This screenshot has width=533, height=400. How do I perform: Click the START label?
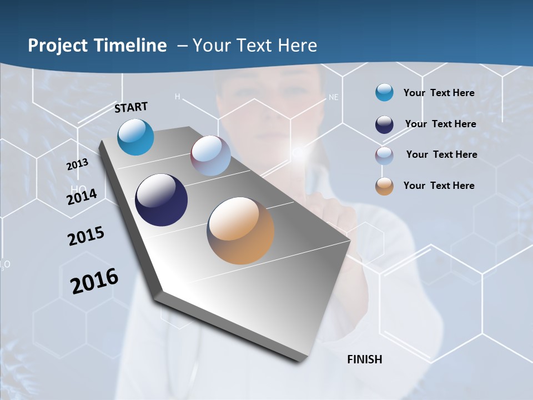click(x=131, y=107)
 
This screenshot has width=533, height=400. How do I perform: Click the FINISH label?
click(x=364, y=359)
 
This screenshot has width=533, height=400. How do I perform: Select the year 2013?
click(x=77, y=164)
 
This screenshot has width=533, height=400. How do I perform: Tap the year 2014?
click(x=82, y=197)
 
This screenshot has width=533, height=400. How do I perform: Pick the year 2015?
click(x=86, y=236)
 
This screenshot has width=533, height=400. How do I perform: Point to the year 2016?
click(x=94, y=281)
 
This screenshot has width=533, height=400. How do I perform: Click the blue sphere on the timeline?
click(x=135, y=137)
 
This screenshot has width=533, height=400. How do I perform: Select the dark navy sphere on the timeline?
click(x=162, y=200)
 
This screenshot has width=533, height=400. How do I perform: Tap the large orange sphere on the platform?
click(x=240, y=231)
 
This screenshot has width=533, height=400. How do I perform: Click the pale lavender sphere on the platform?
click(x=210, y=156)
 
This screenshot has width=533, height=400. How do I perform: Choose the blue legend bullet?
click(x=384, y=93)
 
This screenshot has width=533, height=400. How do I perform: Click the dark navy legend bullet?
click(x=384, y=124)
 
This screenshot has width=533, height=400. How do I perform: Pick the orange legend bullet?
click(x=384, y=186)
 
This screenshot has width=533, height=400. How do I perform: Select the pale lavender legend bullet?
click(x=384, y=156)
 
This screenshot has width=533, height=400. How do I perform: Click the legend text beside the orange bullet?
click(x=439, y=186)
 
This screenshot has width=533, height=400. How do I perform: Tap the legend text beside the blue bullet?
click(x=439, y=93)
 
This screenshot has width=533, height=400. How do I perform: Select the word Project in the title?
click(x=58, y=46)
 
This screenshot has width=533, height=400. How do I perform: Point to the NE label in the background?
click(x=333, y=97)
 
